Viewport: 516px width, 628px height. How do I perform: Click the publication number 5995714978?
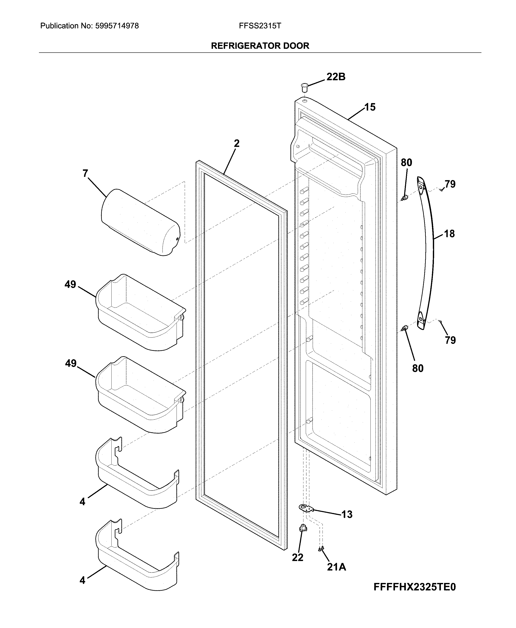[x=117, y=26]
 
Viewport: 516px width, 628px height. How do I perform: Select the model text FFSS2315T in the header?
[x=260, y=26]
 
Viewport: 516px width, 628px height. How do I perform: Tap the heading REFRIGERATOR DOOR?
[x=260, y=46]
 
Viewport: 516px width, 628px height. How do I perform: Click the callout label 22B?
[x=336, y=77]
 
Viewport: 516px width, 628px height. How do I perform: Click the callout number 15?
[x=370, y=107]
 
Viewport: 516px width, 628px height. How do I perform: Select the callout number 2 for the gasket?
[x=237, y=144]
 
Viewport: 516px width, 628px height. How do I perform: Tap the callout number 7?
[x=85, y=173]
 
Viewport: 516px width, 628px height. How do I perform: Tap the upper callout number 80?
[x=406, y=163]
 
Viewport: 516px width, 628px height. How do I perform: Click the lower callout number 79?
[x=450, y=340]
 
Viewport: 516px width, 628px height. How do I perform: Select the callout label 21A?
[x=337, y=567]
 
